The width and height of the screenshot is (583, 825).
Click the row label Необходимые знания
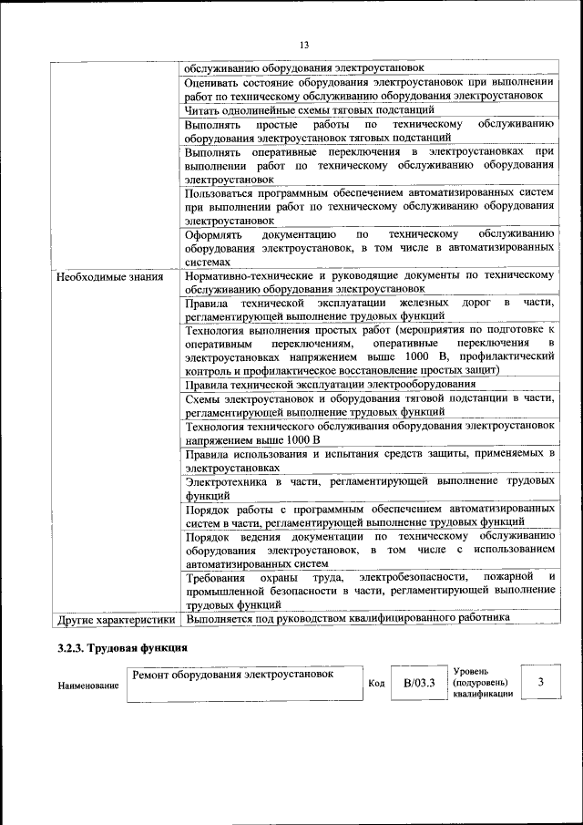(x=109, y=276)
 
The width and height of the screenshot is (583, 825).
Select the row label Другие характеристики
(x=116, y=619)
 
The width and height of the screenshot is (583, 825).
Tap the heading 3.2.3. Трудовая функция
(x=122, y=648)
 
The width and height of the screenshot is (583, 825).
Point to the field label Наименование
(x=88, y=685)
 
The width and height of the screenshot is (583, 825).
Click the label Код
(x=375, y=684)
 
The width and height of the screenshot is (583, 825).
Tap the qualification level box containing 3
(x=541, y=683)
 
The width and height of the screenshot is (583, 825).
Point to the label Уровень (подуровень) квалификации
(x=482, y=682)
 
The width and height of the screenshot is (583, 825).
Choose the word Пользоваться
(x=220, y=192)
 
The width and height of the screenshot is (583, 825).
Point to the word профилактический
(x=506, y=356)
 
